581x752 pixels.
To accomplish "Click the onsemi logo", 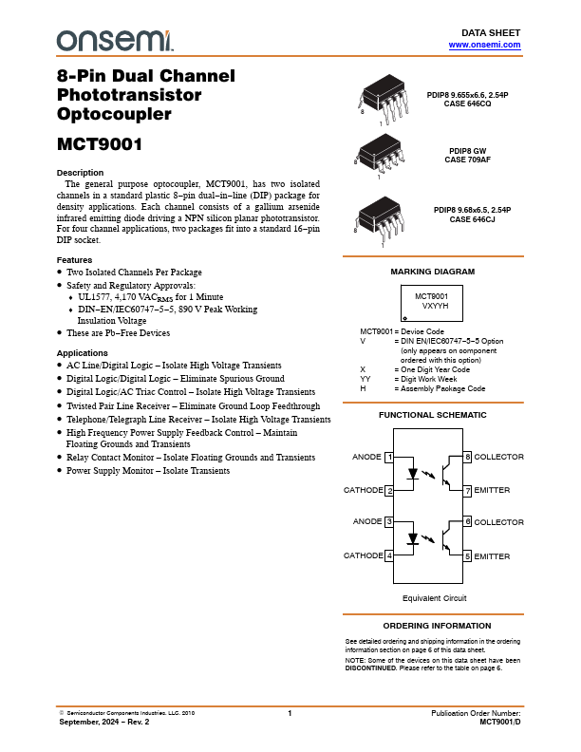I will [x=115, y=39].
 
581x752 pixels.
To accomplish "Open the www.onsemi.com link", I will [x=484, y=45].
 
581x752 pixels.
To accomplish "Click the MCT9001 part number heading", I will [x=100, y=146].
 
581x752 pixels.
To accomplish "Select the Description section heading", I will [x=81, y=172].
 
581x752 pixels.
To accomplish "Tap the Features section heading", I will [x=75, y=259].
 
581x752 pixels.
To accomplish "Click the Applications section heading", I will [x=84, y=353].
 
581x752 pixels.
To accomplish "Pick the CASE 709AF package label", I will [x=468, y=160].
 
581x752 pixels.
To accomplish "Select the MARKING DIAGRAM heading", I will [x=433, y=272].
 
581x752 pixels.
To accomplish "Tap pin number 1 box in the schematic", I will [x=389, y=458].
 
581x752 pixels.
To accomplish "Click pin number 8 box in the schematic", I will [x=467, y=458].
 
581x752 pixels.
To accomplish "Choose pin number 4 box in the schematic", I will [x=389, y=555].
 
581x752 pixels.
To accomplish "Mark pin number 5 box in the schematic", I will [x=467, y=555].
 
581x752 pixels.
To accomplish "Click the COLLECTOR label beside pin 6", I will [x=498, y=522].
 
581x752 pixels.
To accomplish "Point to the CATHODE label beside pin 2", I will [x=363, y=490].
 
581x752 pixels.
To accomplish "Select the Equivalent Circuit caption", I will [x=434, y=598].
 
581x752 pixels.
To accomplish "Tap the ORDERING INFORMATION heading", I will [x=433, y=627].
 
